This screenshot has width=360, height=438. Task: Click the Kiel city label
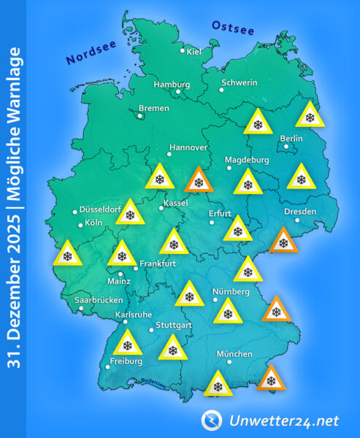195,51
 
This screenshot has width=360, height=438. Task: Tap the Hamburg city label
172,84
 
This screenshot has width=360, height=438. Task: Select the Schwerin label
239,82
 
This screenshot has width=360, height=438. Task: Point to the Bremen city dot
140,115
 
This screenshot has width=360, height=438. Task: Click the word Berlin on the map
291,138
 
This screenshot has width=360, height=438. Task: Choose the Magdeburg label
248,160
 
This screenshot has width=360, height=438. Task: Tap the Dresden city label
300,212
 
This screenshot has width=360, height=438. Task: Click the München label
235,354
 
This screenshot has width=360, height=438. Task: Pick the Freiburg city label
124,361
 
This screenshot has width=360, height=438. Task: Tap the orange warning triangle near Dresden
283,241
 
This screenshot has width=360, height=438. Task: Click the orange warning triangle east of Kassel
198,180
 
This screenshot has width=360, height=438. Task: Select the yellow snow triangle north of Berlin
310,116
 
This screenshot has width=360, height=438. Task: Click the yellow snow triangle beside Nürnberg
227,312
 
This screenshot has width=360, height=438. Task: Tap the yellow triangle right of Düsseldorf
130,213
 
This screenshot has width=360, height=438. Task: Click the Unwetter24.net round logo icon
212,420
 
